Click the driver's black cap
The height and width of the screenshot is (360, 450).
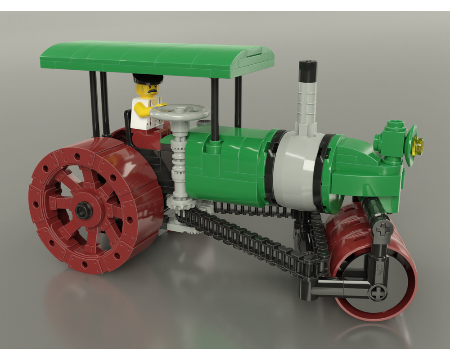pos(148,79)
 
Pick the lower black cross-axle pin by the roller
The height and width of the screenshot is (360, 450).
pos(377,293)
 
